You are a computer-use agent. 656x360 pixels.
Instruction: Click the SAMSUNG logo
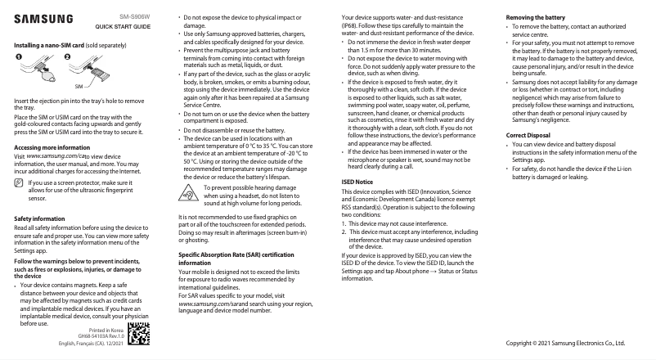[x=43, y=17]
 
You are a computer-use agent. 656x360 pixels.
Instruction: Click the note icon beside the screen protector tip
[x=20, y=183]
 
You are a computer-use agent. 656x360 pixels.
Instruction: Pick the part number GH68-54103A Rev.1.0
[x=101, y=336]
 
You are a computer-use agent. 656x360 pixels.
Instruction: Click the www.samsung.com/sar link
[x=205, y=304]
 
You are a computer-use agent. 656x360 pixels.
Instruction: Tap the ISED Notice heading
[x=357, y=180]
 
